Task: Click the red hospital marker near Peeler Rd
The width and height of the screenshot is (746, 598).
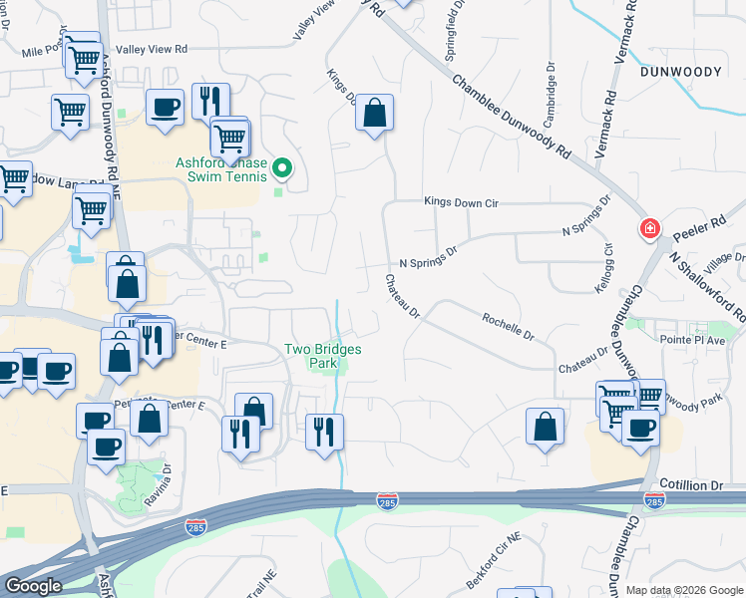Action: tap(650, 229)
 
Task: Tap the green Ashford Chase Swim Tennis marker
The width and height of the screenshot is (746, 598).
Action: tap(283, 168)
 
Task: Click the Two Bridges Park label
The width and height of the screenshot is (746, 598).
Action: tap(322, 356)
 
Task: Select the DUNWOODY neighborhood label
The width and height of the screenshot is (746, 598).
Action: tap(694, 71)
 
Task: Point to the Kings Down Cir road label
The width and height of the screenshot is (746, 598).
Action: tap(460, 201)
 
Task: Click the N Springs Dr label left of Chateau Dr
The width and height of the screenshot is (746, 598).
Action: tap(427, 257)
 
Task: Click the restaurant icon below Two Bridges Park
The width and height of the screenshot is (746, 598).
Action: tap(323, 431)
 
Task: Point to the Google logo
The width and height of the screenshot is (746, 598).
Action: tap(33, 586)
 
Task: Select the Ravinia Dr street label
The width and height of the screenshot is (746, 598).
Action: tap(167, 483)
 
